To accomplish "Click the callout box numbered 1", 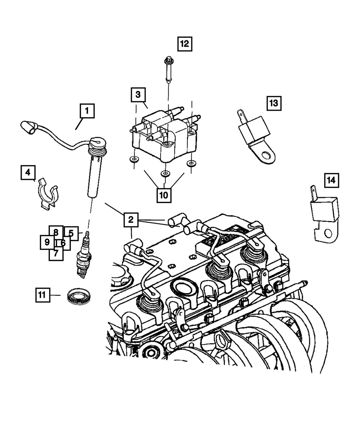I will pos(87,111).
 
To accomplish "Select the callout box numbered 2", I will pos(131,220).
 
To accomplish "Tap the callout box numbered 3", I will pos(138,95).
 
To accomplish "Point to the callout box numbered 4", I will pos(27,173).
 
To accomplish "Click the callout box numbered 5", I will pos(71,233).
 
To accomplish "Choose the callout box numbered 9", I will pos(47,242).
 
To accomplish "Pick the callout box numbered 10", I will pos(164,195).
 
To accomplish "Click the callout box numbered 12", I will pos(184,44).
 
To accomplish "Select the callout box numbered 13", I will pos(274,103).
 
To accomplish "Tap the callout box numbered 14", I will pos(331,180).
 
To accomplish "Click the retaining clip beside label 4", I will pos(48,194).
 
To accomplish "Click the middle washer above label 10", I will pos(165,174).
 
